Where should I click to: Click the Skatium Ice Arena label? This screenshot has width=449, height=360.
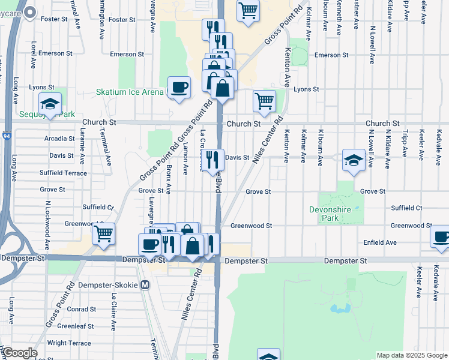point(130,92)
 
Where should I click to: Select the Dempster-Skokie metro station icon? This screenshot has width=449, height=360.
point(145,286)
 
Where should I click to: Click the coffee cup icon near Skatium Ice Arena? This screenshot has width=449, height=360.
point(179,88)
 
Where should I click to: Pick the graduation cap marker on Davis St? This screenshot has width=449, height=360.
point(354,160)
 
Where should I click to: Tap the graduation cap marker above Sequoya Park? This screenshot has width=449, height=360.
point(50,104)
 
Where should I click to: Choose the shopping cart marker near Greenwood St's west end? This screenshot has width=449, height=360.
point(104,233)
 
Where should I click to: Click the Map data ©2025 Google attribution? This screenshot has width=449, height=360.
point(412,355)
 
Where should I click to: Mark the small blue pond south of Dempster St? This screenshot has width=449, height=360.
point(340,308)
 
